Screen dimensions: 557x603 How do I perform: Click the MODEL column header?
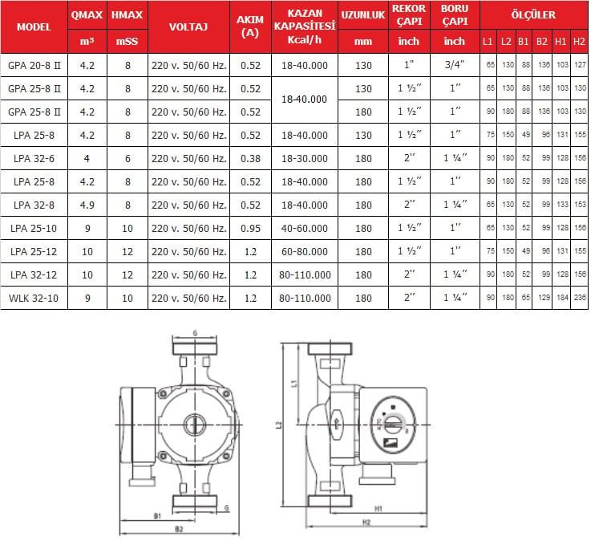(x=34, y=26)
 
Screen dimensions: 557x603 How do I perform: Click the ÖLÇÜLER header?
(x=532, y=14)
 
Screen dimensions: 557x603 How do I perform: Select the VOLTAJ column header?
(x=188, y=26)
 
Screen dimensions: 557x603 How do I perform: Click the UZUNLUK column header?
(x=363, y=15)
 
